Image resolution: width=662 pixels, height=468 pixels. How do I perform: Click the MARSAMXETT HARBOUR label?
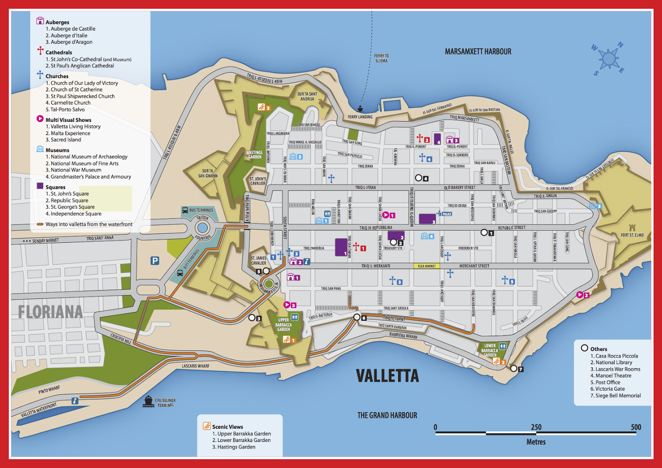(478, 52)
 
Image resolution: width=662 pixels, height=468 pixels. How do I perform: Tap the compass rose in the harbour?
(608, 59)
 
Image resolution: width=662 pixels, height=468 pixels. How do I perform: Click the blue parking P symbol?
(155, 260)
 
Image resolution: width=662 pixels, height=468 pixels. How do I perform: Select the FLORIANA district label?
(50, 312)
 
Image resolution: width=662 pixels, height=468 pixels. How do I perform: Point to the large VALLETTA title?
(387, 376)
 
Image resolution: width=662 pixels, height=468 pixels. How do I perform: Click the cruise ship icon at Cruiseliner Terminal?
(149, 401)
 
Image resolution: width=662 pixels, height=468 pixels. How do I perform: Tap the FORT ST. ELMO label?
(632, 235)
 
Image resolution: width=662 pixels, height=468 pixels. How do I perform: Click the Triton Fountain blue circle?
(202, 228)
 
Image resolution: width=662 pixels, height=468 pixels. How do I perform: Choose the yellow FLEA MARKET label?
(427, 266)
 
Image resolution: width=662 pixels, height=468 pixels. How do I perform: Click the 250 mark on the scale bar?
(536, 427)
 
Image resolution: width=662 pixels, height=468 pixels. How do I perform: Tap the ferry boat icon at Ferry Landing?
(360, 109)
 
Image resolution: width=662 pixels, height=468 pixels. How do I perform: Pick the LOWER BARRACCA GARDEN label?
(490, 350)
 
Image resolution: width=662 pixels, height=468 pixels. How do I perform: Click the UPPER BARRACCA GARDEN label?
(283, 325)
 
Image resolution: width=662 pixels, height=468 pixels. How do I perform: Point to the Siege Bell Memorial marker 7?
(514, 368)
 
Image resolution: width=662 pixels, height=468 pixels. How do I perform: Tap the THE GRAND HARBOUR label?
(387, 415)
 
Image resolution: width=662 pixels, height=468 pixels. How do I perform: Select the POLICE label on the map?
(447, 214)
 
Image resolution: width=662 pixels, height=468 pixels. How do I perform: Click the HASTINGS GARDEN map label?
(254, 155)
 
